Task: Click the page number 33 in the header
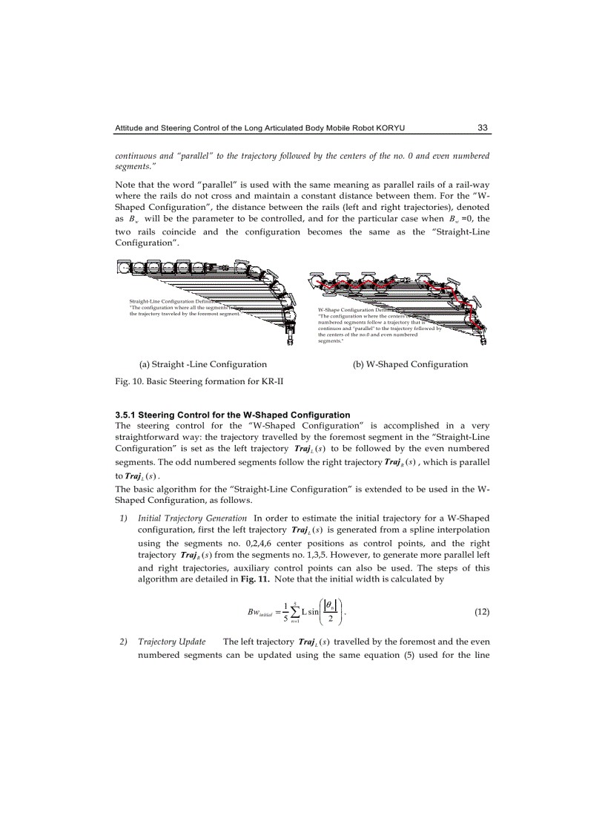(x=482, y=128)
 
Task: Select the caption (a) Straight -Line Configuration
(x=203, y=364)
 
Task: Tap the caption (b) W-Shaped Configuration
(x=410, y=364)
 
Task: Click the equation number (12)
(x=481, y=612)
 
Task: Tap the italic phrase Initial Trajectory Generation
(x=193, y=517)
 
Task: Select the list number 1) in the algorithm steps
(x=125, y=517)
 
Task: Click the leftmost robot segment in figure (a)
(x=125, y=266)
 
